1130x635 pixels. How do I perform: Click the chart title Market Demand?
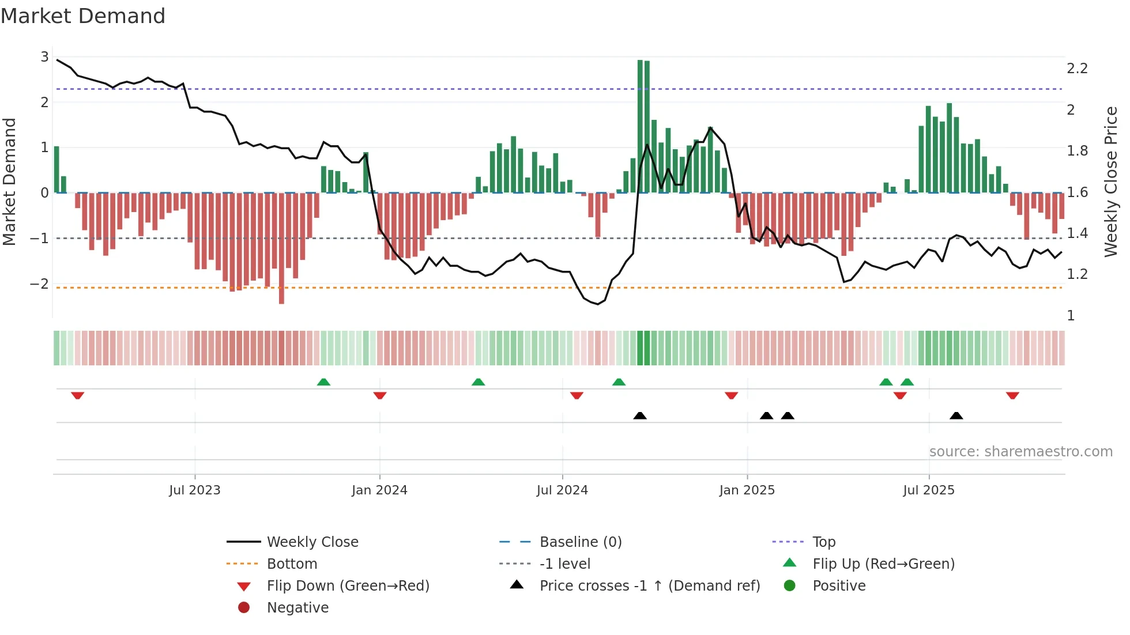tap(83, 16)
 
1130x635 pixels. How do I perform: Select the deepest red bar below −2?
tap(281, 248)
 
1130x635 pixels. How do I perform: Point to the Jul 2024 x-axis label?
tap(562, 490)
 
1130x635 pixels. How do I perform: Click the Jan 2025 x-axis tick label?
tap(747, 490)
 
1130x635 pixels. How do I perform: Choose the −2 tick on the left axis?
tap(40, 284)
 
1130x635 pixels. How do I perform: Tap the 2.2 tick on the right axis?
tap(1077, 69)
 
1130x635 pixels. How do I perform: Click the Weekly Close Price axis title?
tap(1110, 182)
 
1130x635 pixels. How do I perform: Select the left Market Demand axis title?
tap(10, 182)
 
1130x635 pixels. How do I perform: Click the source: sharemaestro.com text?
tap(1020, 452)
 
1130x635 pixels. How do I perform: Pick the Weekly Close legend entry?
tap(312, 542)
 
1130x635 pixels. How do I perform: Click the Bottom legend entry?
tap(292, 564)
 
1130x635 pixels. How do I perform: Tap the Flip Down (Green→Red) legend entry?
tap(348, 586)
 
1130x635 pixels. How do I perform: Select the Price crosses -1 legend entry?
tap(649, 586)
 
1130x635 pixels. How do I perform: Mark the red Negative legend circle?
tap(244, 608)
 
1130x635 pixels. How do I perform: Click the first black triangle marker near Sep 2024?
tap(640, 415)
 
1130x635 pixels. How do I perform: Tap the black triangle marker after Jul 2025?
tap(956, 415)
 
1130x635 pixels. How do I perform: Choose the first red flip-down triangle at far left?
tap(78, 395)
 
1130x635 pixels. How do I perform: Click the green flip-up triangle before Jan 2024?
tap(323, 382)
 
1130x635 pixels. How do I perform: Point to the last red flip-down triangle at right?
tap(1012, 395)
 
